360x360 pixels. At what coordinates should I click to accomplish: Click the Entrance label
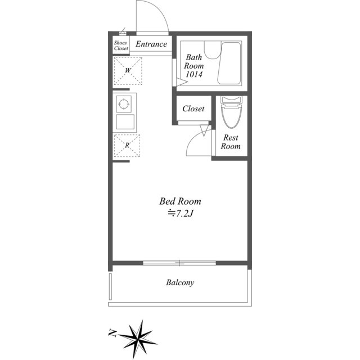151,44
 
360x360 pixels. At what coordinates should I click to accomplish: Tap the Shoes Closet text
121,46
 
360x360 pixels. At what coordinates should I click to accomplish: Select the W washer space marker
128,71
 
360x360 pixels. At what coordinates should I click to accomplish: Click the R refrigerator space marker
127,146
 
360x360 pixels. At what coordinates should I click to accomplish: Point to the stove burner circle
124,104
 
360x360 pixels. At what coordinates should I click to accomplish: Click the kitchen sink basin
125,121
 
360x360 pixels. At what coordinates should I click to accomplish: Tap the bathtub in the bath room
229,63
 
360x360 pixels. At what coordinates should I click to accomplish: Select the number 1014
194,74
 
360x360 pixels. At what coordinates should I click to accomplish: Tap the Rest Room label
231,142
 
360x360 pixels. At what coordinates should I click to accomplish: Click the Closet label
193,109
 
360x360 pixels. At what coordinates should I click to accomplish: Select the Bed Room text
180,201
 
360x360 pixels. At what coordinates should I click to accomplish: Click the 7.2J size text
181,214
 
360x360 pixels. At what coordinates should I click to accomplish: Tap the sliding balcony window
179,263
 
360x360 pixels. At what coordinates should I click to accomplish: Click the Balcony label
180,282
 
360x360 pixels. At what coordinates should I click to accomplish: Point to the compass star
138,339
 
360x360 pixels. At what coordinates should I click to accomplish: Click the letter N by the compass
112,332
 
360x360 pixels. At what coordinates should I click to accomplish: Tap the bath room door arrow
182,82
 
